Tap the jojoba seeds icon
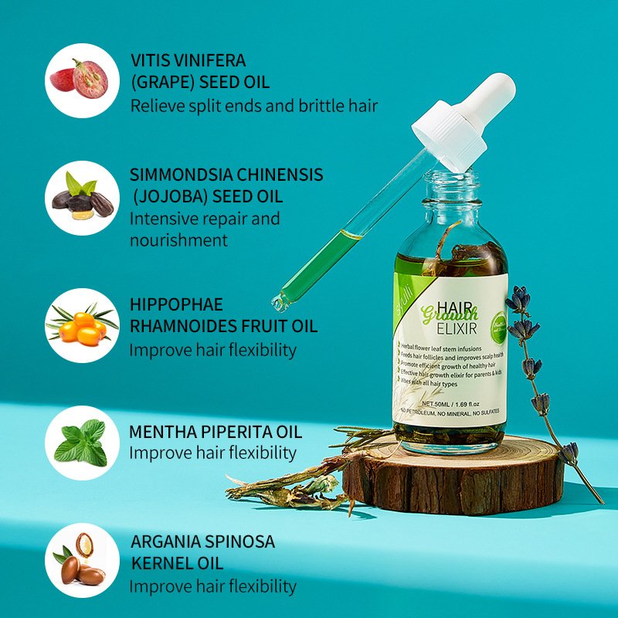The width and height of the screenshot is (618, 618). (81, 199)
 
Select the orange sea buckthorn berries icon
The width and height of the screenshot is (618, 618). (81, 324)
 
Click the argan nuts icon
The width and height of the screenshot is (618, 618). (81, 561)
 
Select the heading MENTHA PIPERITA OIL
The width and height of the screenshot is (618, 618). (216, 431)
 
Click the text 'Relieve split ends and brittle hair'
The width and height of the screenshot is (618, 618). (254, 105)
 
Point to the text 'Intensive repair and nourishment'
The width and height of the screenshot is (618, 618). (204, 229)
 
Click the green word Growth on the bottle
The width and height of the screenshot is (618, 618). (448, 313)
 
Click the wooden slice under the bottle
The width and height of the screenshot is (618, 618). (456, 479)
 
